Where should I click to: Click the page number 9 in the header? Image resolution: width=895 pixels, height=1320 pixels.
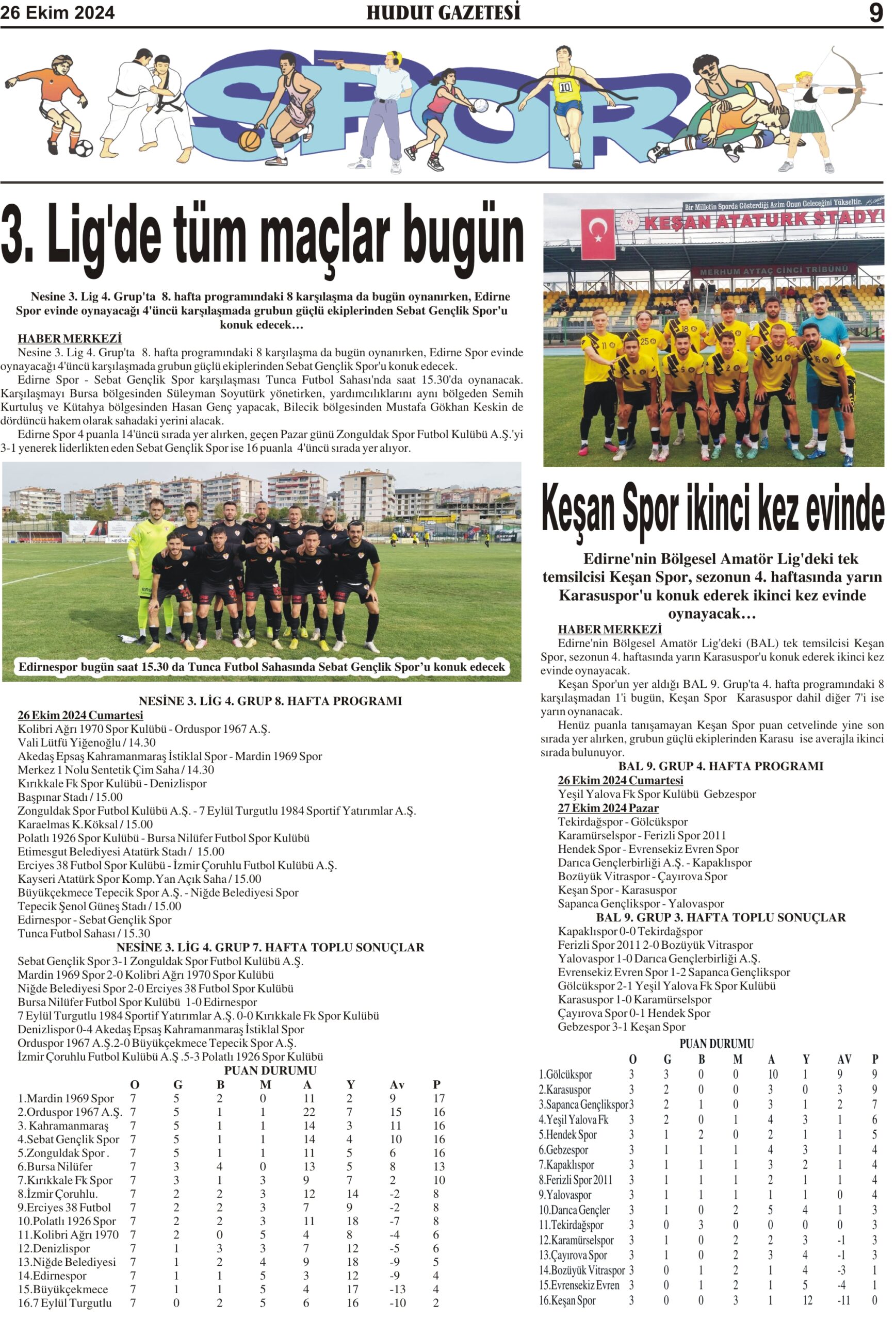click(876, 12)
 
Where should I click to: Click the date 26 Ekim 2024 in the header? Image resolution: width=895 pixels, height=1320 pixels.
click(57, 12)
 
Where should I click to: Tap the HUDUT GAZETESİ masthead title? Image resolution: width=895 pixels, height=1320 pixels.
click(443, 12)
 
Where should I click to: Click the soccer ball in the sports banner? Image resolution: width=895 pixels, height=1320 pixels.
click(83, 148)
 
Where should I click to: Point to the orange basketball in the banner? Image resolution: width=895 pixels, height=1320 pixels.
click(250, 140)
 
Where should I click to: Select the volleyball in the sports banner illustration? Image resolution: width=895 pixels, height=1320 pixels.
click(480, 105)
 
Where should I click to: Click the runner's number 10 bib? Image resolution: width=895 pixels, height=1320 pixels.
click(565, 88)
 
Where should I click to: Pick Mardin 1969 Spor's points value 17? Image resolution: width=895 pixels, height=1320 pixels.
click(438, 1098)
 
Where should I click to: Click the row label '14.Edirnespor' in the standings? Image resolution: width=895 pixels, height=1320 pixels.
click(52, 1276)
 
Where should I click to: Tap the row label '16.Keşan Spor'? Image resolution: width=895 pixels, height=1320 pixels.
click(567, 1300)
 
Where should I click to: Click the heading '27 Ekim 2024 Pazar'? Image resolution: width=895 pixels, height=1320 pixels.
click(608, 807)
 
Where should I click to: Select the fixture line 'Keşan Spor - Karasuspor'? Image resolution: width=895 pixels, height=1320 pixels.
click(617, 890)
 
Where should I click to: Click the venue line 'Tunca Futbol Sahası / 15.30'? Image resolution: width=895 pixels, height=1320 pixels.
click(84, 933)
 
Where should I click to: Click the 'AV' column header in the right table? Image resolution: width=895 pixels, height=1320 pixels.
click(844, 1059)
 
